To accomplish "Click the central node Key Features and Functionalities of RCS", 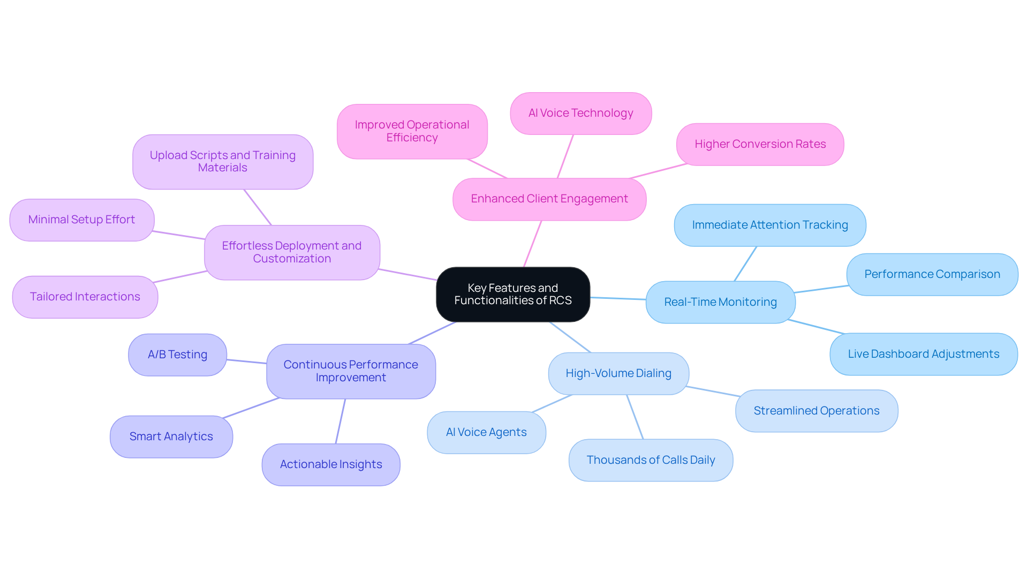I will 513,294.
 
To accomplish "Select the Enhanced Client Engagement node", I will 549,199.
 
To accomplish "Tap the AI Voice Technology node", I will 580,113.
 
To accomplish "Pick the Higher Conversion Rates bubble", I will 760,144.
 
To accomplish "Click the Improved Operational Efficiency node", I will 412,131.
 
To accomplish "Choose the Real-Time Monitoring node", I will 720,302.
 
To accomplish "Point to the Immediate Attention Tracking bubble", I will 769,225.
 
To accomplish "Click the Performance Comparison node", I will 932,274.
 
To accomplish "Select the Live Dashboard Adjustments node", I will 923,354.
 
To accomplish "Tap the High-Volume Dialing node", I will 618,373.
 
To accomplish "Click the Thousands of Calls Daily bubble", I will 651,460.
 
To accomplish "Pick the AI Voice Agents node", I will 486,432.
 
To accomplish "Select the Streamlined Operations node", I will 816,411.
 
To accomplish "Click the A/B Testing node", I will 177,355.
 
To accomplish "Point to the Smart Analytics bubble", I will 171,436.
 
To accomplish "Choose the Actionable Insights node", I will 331,464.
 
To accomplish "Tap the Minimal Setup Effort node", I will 81,220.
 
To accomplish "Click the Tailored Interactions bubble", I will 85,297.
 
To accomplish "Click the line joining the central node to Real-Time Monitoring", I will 618,298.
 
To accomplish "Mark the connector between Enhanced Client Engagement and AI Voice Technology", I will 565,156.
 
